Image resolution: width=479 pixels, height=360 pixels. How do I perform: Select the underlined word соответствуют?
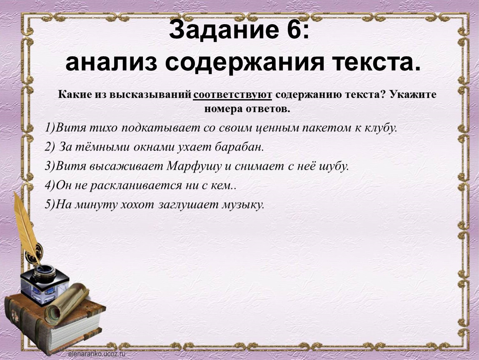(232, 95)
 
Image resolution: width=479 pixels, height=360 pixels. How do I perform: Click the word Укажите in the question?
(412, 95)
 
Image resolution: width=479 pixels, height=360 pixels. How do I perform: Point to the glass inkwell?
(45, 284)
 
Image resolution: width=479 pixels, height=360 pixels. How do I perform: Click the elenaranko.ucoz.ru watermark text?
(97, 354)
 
